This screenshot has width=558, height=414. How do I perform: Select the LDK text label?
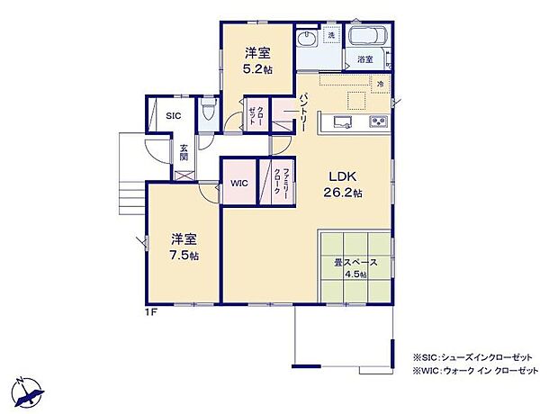tap(343, 176)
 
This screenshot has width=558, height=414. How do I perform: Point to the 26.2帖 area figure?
tap(343, 193)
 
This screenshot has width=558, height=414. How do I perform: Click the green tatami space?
tap(355, 268)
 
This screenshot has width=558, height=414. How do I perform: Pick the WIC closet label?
tap(238, 183)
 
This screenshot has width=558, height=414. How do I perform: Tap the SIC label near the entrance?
tap(174, 116)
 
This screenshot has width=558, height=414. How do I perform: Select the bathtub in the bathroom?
tap(366, 39)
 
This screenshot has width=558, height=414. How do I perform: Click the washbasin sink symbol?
tap(306, 40)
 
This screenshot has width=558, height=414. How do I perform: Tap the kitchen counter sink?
tap(343, 121)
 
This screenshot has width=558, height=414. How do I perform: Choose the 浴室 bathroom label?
tap(364, 59)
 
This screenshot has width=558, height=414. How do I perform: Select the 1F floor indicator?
tap(155, 312)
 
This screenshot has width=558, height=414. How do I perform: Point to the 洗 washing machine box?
tap(330, 35)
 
